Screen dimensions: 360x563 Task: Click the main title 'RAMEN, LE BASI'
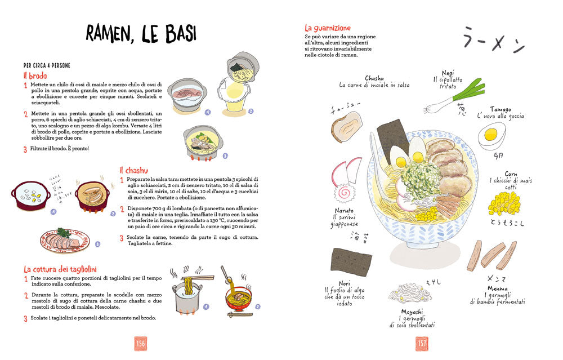tap(141, 33)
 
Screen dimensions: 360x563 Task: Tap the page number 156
tap(141, 343)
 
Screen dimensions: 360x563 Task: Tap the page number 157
tap(422, 343)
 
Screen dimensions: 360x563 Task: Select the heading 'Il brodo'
tap(35, 75)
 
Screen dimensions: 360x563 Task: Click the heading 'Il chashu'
tap(133, 170)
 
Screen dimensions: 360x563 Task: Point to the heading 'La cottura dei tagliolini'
tap(64, 269)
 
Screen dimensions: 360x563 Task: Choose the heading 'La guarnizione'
tap(328, 28)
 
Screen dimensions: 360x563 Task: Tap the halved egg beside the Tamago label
tap(491, 135)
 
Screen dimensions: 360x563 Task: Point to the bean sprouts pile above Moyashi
tap(410, 292)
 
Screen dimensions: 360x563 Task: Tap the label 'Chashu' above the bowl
tap(374, 78)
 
